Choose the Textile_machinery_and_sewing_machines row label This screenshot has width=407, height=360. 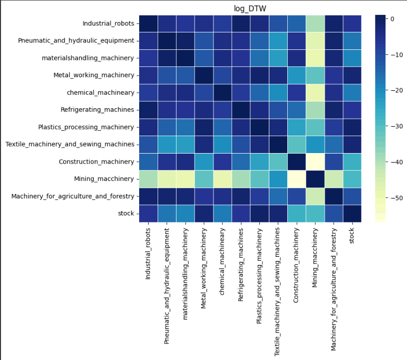(x=70, y=144)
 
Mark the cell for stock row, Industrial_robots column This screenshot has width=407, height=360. (x=149, y=213)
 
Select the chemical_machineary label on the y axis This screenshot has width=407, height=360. (x=100, y=92)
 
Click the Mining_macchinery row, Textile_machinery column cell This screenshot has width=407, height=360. (x=269, y=179)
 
